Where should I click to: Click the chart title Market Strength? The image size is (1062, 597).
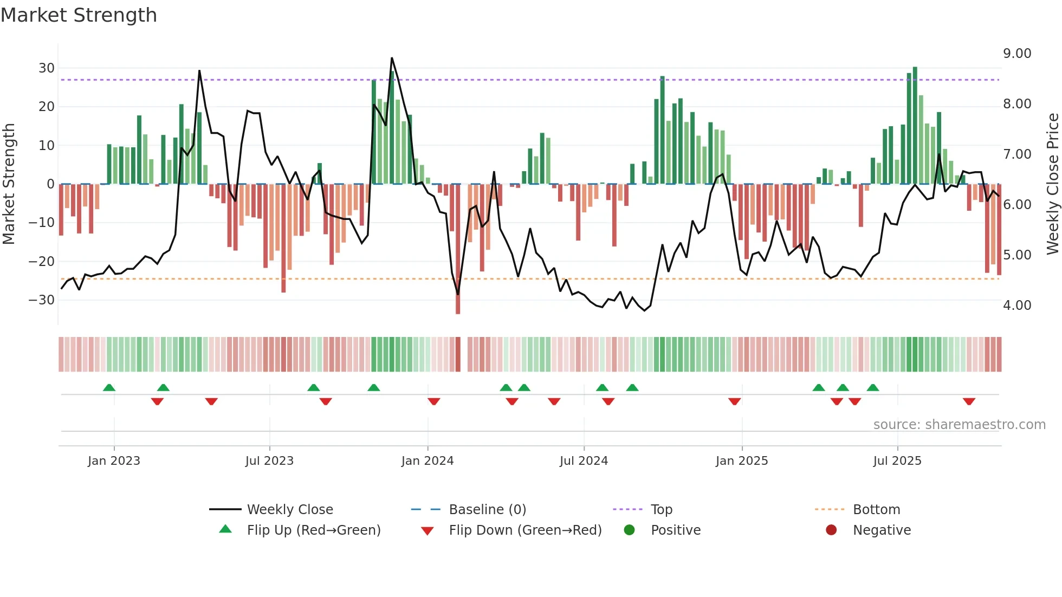click(x=79, y=15)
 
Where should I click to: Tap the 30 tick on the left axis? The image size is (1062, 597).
click(x=47, y=68)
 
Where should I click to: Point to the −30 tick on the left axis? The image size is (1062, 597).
click(x=42, y=300)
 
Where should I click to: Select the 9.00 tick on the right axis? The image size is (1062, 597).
click(x=1017, y=54)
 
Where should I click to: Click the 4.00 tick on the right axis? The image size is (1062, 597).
click(x=1017, y=306)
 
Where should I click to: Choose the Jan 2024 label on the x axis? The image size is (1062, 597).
click(x=428, y=461)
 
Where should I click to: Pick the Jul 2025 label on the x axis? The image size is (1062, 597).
click(x=897, y=461)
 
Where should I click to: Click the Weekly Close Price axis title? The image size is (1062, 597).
click(x=1052, y=184)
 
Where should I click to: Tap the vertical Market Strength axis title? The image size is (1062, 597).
click(x=9, y=184)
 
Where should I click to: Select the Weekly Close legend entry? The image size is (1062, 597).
click(x=290, y=510)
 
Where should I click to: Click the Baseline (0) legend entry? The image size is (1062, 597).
click(x=487, y=510)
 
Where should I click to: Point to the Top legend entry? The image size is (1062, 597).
click(x=661, y=510)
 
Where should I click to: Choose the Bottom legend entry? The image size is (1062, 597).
click(x=876, y=510)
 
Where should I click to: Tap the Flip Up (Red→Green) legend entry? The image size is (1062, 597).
click(x=313, y=530)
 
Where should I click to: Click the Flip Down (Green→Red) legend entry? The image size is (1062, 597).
click(x=525, y=530)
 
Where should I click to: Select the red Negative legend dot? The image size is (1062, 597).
click(x=831, y=530)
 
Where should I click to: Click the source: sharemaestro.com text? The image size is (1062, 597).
click(x=959, y=425)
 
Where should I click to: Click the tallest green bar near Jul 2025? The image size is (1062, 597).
click(x=915, y=125)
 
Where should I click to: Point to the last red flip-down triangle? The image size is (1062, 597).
click(x=969, y=401)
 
